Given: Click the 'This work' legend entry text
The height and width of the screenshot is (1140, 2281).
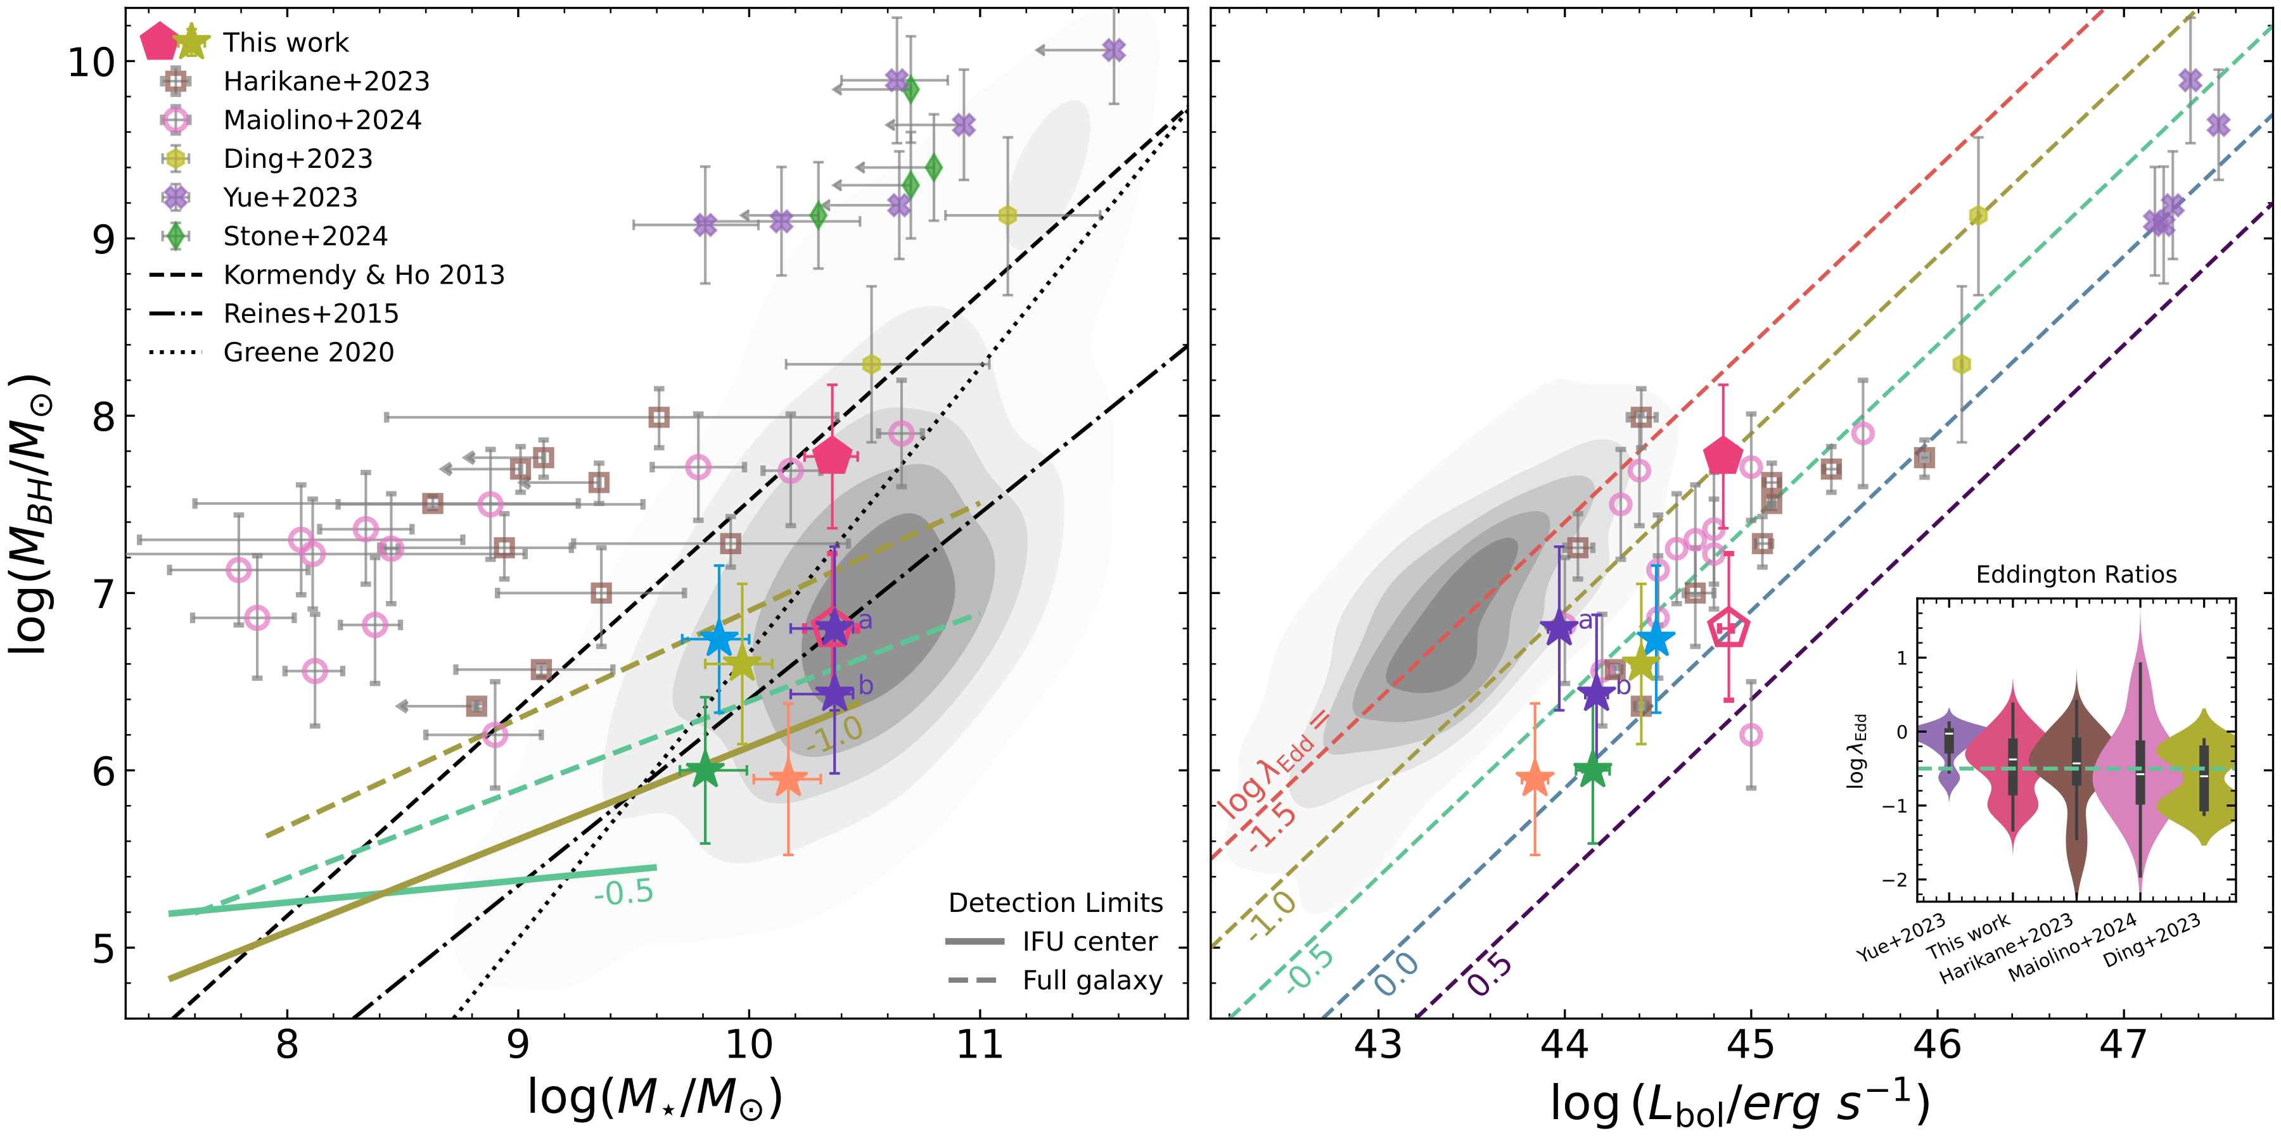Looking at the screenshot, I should click(x=285, y=42).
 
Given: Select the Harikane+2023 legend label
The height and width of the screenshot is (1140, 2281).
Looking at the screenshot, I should click(x=326, y=82).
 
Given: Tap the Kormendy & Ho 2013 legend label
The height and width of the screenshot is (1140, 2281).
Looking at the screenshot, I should click(x=363, y=275).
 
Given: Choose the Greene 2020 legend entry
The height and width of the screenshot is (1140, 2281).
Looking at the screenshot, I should click(x=308, y=352).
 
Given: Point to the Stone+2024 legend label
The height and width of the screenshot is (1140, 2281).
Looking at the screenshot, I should click(x=305, y=236).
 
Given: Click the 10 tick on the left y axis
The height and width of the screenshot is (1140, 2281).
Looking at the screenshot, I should click(x=91, y=62).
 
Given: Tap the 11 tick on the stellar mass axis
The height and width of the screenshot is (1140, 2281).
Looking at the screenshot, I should click(x=980, y=1045).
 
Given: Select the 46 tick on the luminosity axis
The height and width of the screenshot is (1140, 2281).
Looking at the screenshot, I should click(x=1938, y=1045).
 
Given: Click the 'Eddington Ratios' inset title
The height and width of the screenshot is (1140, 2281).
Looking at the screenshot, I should click(x=2076, y=575).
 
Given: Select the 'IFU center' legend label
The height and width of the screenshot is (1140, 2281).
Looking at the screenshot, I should click(x=1089, y=942).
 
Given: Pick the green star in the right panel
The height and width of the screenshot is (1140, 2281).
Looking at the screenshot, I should click(x=1592, y=770).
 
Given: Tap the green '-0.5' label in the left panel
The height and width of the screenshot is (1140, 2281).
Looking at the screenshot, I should click(x=623, y=892).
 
